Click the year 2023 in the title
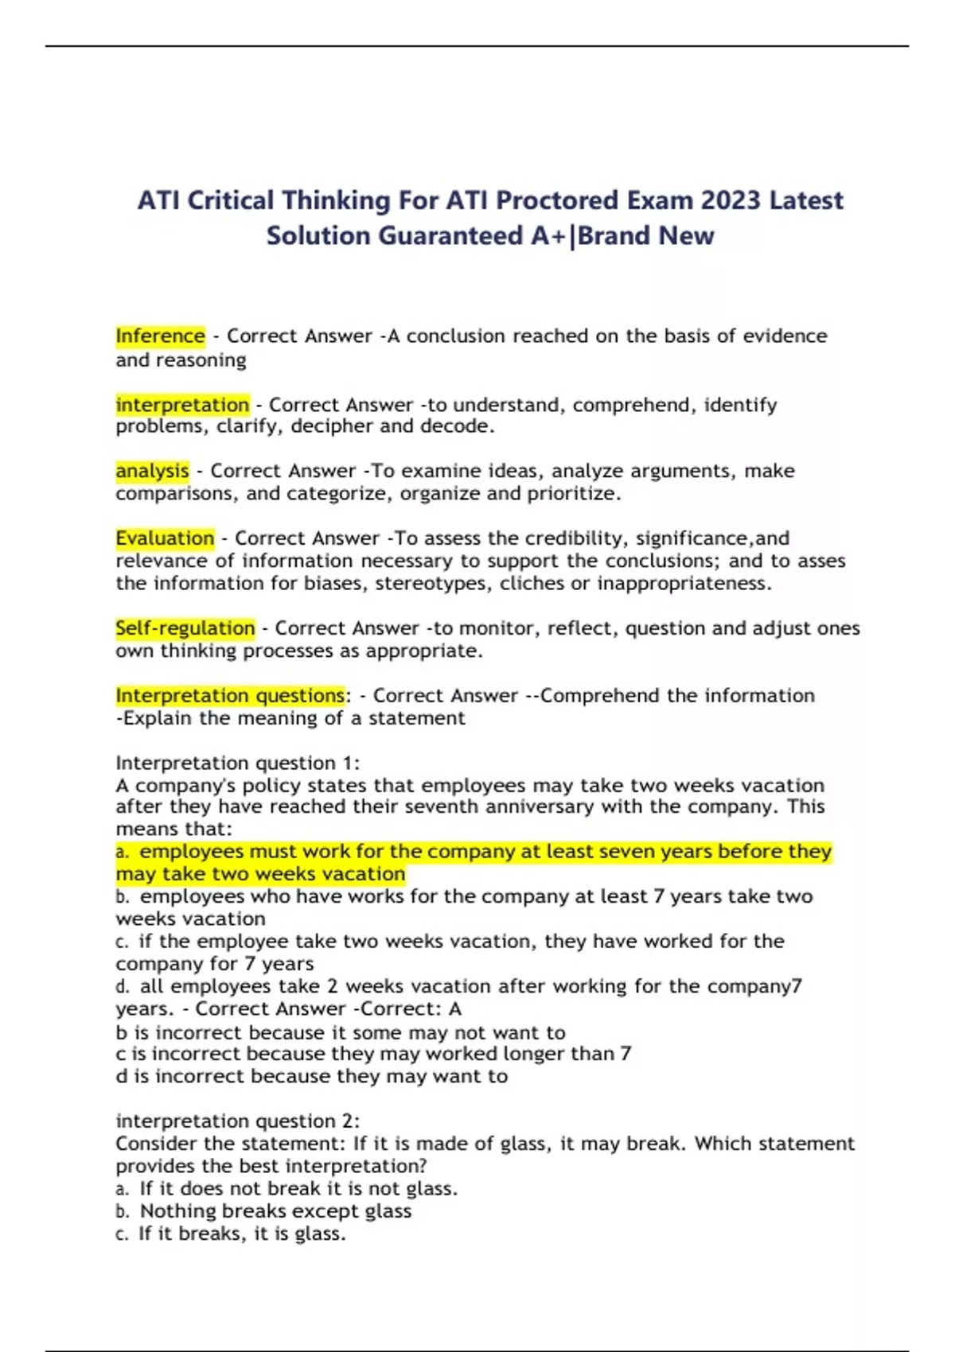tap(731, 200)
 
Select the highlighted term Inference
tap(160, 336)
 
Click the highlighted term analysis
tap(152, 471)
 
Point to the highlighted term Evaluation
tap(165, 538)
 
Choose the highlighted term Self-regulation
tap(185, 628)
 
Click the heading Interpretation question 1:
tap(237, 763)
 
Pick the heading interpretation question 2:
tap(237, 1121)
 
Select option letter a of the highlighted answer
tap(122, 853)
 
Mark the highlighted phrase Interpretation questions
tap(230, 696)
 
